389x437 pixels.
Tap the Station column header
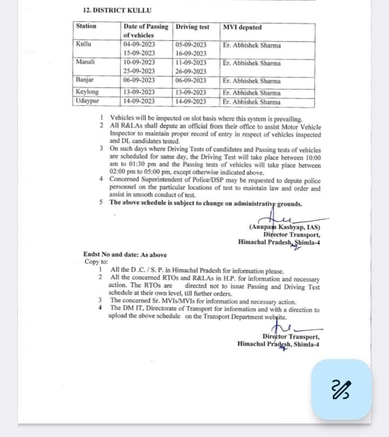pyautogui.click(x=86, y=26)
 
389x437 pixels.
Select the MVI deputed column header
pyautogui.click(x=242, y=27)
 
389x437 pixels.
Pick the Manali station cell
pyautogui.click(x=86, y=63)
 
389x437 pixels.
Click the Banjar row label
pyautogui.click(x=85, y=81)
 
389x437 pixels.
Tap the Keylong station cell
pyautogui.click(x=88, y=92)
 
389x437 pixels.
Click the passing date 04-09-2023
pyautogui.click(x=139, y=45)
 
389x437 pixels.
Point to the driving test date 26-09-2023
pyautogui.click(x=191, y=71)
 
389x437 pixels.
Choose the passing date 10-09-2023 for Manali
pyautogui.click(x=139, y=63)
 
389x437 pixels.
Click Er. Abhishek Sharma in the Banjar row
pyautogui.click(x=252, y=81)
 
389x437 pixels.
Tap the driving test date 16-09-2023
pyautogui.click(x=191, y=54)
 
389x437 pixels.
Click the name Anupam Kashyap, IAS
pyautogui.click(x=285, y=228)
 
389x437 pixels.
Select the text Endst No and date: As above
pyautogui.click(x=125, y=255)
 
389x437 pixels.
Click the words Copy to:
pyautogui.click(x=97, y=262)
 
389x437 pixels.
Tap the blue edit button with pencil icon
pyautogui.click(x=342, y=389)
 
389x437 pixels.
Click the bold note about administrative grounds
pyautogui.click(x=206, y=203)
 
